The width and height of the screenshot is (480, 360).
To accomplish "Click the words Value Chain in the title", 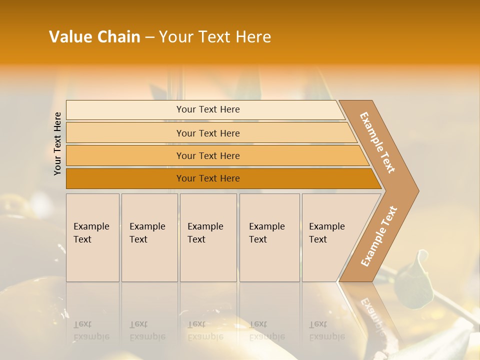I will pyautogui.click(x=94, y=37).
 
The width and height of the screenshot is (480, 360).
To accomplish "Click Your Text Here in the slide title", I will pyautogui.click(x=215, y=37).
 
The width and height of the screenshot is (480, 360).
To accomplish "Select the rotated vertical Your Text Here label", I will pyautogui.click(x=57, y=143).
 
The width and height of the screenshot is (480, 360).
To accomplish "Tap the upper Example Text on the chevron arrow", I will pyautogui.click(x=377, y=142).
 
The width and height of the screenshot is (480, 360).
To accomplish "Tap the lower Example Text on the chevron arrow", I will pyautogui.click(x=379, y=236).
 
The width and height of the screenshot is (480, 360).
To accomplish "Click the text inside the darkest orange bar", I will pyautogui.click(x=208, y=178).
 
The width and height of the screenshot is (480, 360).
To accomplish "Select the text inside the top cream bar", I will pyautogui.click(x=208, y=109).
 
